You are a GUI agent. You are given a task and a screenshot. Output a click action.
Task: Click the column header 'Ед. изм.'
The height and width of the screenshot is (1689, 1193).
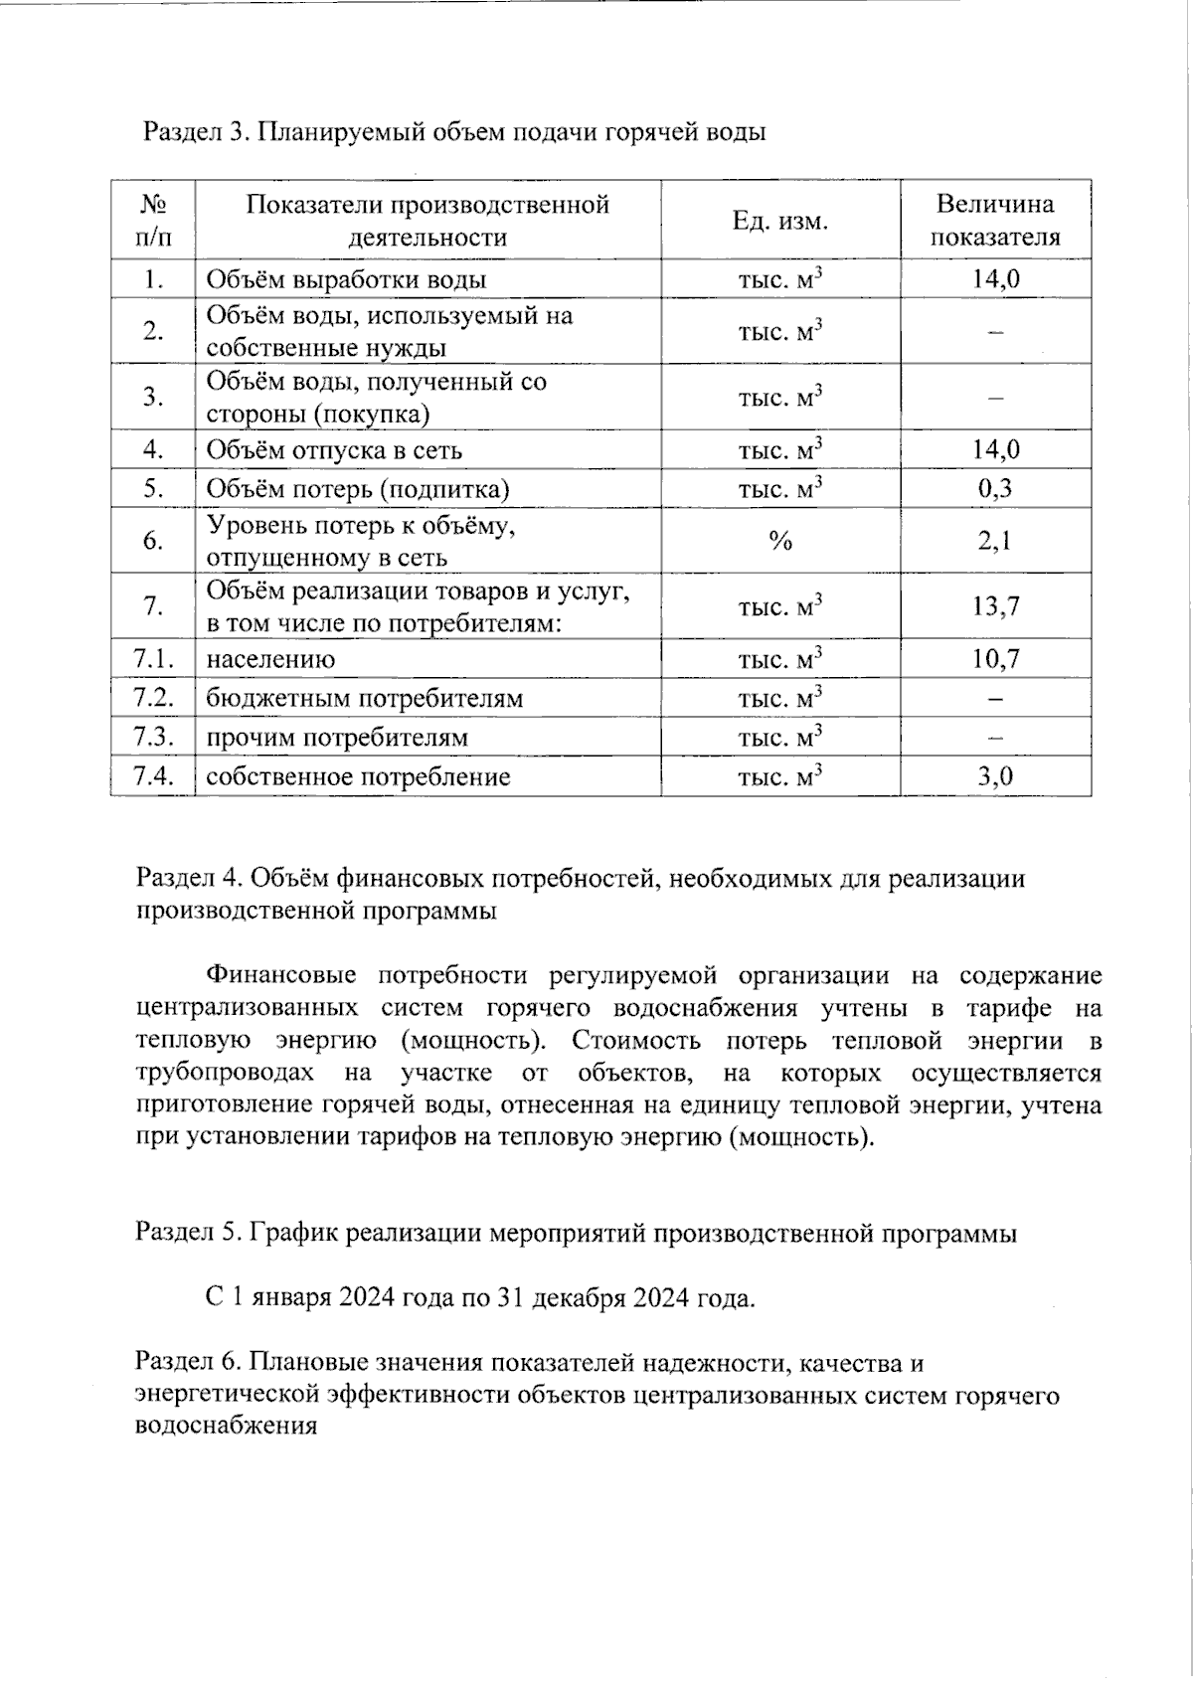(780, 221)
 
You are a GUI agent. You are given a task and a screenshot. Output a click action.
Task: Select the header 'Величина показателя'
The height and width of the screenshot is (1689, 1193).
(995, 221)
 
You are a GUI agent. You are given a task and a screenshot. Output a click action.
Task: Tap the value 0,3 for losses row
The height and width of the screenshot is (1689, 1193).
(995, 488)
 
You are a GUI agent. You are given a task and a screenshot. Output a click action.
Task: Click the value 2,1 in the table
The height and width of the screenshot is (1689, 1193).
(995, 541)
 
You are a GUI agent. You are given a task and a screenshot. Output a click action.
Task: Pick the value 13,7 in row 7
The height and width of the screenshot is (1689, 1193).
(995, 606)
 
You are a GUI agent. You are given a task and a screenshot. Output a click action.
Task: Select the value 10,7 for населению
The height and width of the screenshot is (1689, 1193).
(995, 659)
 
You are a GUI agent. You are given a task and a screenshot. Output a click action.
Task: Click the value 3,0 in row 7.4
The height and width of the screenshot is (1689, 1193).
(995, 776)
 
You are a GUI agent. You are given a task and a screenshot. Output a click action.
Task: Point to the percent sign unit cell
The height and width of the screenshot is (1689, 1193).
(780, 541)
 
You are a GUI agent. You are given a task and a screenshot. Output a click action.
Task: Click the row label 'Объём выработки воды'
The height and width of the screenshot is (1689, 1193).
(346, 279)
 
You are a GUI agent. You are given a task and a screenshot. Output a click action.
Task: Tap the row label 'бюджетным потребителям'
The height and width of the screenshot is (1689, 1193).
(364, 699)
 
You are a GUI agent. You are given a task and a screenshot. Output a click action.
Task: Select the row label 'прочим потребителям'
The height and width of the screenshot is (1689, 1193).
(336, 739)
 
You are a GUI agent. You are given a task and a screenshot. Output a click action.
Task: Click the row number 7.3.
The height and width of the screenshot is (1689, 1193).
(153, 738)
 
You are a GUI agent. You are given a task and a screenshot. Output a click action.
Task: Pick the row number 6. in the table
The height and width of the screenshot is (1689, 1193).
(153, 541)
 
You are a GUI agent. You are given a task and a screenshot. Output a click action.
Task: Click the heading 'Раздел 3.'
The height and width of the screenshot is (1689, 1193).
(193, 132)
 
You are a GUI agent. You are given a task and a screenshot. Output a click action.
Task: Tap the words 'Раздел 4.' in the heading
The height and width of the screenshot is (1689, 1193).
(189, 879)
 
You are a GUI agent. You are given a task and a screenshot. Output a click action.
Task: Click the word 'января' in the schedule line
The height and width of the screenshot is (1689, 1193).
(290, 1298)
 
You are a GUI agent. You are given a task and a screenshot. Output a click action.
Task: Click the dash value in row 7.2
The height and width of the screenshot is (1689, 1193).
(995, 699)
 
